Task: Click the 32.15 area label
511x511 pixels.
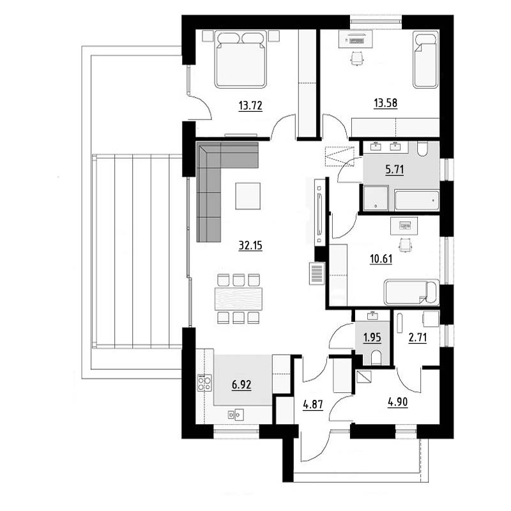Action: tap(250, 245)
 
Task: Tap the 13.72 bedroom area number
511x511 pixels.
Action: tap(250, 105)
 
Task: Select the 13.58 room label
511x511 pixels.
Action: tap(386, 103)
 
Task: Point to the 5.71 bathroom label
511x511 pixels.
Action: tap(395, 169)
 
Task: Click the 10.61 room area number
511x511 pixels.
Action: tap(381, 259)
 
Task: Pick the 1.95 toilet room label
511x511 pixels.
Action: tap(372, 337)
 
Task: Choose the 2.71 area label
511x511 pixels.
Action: tap(418, 337)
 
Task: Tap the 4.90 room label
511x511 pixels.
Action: tap(397, 402)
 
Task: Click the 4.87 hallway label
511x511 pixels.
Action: tap(313, 405)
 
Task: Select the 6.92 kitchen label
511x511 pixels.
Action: tap(241, 385)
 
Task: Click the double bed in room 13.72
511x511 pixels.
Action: tap(241, 59)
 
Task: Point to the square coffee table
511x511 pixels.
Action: tap(248, 196)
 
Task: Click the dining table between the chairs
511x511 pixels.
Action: tap(238, 298)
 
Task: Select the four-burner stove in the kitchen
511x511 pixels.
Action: tap(204, 383)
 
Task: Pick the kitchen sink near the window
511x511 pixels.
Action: tap(236, 415)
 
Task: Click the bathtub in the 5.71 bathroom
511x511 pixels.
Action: tap(417, 201)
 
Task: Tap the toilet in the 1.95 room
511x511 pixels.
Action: tap(376, 358)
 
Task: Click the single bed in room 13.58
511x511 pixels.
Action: tap(425, 59)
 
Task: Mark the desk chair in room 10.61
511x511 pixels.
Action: tap(406, 245)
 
